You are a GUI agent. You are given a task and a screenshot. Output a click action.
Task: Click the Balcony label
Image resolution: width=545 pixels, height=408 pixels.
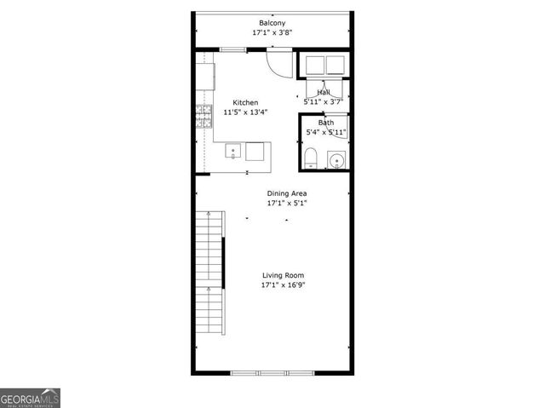point(272,22)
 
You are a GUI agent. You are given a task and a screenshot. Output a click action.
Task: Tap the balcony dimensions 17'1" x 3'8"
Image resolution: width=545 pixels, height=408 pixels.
point(272,32)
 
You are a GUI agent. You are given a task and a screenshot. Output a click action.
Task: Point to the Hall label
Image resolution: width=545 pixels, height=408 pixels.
point(324,92)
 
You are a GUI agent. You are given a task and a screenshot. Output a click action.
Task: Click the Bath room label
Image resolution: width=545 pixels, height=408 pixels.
point(326,123)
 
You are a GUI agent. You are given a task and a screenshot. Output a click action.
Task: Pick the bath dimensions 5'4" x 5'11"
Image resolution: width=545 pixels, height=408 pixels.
point(326,132)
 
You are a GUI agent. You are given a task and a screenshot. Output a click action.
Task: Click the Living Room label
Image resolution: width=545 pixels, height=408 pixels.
point(283,275)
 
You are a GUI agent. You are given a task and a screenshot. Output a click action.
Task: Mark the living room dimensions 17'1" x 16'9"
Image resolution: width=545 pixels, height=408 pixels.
point(283,285)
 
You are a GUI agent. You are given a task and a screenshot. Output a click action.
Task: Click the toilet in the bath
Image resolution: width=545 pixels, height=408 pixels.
point(311,158)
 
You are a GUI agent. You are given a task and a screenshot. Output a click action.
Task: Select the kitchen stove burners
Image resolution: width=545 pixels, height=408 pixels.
point(203,116)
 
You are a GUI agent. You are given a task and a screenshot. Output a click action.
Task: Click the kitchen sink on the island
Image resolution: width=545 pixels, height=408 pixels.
point(233,152)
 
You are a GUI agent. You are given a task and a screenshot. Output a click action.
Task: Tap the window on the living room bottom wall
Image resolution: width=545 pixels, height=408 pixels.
point(272,372)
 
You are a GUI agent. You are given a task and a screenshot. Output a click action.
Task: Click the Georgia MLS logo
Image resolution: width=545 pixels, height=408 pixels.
point(30,398)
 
